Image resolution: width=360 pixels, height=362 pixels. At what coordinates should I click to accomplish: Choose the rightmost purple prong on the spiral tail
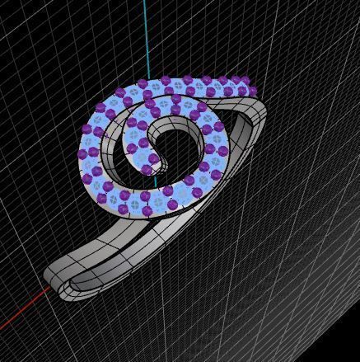click(252, 91)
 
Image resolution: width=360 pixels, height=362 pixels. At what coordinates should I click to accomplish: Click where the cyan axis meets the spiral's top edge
click(145, 82)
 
